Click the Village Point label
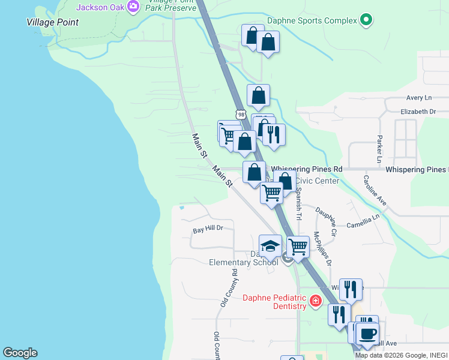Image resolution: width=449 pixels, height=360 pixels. [x=53, y=22]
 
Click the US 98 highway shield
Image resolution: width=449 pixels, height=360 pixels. [x=241, y=114]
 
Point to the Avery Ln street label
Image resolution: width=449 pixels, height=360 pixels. [x=418, y=98]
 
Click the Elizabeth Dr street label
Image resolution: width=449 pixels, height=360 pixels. [x=418, y=112]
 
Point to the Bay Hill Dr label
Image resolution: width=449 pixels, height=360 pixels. [x=208, y=229]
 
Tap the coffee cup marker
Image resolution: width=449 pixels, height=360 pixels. [x=367, y=333]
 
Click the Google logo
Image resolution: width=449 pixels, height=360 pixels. [x=20, y=353]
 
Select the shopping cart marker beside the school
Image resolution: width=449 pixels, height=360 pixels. [x=298, y=246]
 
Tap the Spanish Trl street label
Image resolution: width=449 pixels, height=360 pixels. [x=299, y=202]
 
